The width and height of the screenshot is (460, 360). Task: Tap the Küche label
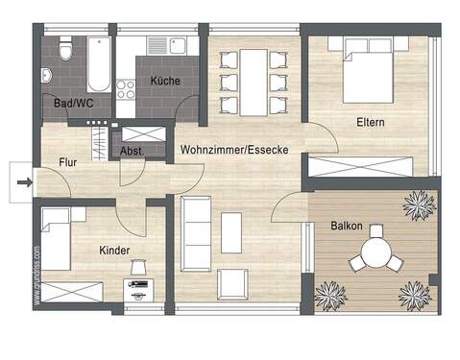tap(164, 82)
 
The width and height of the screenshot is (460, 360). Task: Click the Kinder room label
tap(114, 250)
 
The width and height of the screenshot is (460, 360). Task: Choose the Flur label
tap(68, 162)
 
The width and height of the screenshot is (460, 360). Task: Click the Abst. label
tap(133, 151)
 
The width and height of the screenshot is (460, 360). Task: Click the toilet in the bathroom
tap(65, 49)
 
